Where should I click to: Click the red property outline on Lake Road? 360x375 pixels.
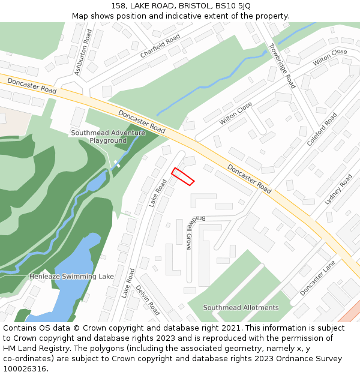(183, 176)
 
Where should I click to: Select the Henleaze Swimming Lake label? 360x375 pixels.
(71, 277)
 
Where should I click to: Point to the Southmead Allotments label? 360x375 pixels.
(241, 308)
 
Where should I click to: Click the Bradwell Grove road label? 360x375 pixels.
(189, 233)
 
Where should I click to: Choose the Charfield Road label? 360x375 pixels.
(160, 46)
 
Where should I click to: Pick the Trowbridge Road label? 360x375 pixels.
(281, 65)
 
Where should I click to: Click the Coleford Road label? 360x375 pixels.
(322, 130)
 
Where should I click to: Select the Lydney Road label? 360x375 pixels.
(338, 190)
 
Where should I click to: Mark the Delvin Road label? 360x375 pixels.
(148, 300)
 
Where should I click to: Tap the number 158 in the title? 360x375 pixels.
(118, 6)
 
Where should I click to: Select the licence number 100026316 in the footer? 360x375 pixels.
(24, 369)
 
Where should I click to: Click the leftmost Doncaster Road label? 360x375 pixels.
(32, 85)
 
